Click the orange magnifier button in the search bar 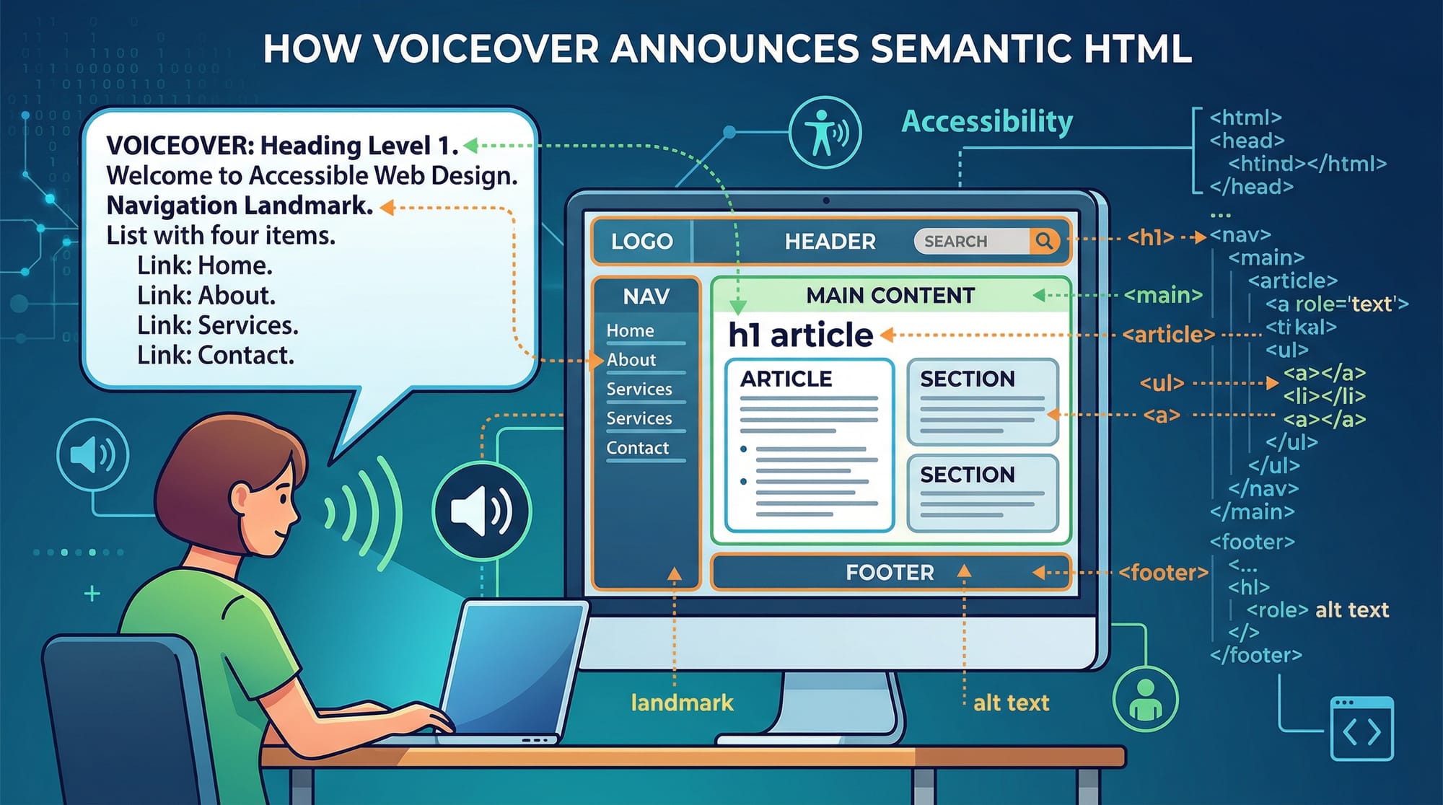[x=1044, y=241]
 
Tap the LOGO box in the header [x=641, y=241]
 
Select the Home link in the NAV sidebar [x=630, y=330]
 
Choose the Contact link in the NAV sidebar [x=638, y=448]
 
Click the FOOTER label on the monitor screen [x=890, y=573]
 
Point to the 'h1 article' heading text [x=800, y=335]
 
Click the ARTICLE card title [x=786, y=379]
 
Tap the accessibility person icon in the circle [x=825, y=133]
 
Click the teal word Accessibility [x=987, y=121]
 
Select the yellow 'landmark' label [x=682, y=703]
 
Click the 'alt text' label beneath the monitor [x=1011, y=703]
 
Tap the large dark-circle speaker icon [x=482, y=511]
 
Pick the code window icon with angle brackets [x=1361, y=729]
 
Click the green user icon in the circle [x=1145, y=699]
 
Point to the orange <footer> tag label [x=1163, y=573]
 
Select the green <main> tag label [x=1163, y=295]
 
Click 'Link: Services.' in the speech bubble [x=217, y=325]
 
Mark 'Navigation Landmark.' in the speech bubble [x=240, y=206]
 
